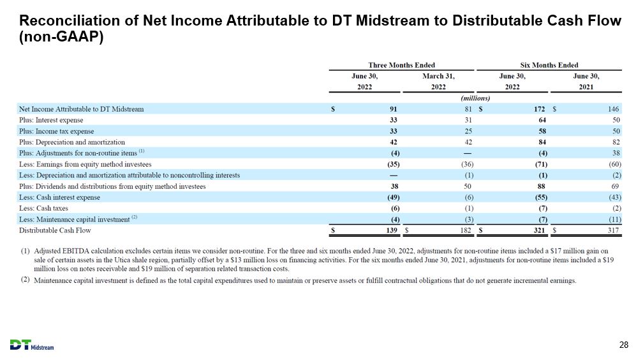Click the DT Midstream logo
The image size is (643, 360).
32,345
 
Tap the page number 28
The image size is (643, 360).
624,345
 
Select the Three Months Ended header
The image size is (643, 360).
401,65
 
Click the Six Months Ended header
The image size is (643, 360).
549,65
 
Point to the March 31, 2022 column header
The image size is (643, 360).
438,81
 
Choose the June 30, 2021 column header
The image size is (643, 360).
586,81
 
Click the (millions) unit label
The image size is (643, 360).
475,98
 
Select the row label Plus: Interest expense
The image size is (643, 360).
51,120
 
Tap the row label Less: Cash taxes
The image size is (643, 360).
43,208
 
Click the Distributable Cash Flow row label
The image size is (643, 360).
55,230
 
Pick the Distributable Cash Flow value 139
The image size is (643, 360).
392,230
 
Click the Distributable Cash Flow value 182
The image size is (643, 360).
466,230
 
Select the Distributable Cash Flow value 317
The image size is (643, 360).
613,230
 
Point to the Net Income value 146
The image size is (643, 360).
613,109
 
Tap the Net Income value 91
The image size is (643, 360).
393,109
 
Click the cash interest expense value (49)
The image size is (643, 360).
394,197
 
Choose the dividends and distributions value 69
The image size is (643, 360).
615,186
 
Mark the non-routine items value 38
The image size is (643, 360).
615,153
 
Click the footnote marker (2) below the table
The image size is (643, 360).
26,280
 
